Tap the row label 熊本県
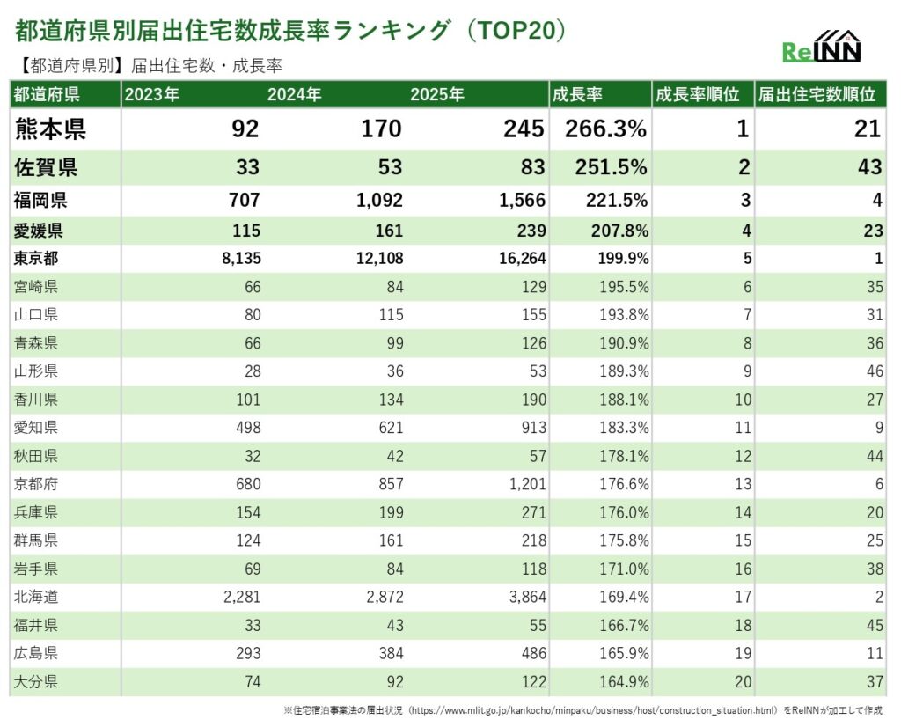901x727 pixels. [x=50, y=129]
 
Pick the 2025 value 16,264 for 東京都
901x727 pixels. [x=522, y=259]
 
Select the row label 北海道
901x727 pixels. [x=37, y=598]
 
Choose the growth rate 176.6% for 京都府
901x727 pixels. [x=624, y=484]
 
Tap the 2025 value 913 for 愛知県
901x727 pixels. [x=531, y=428]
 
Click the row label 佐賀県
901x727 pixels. [x=45, y=167]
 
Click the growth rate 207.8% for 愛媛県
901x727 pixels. [x=618, y=231]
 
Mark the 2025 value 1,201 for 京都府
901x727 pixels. [x=524, y=484]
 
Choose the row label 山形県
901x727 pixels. [x=37, y=371]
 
